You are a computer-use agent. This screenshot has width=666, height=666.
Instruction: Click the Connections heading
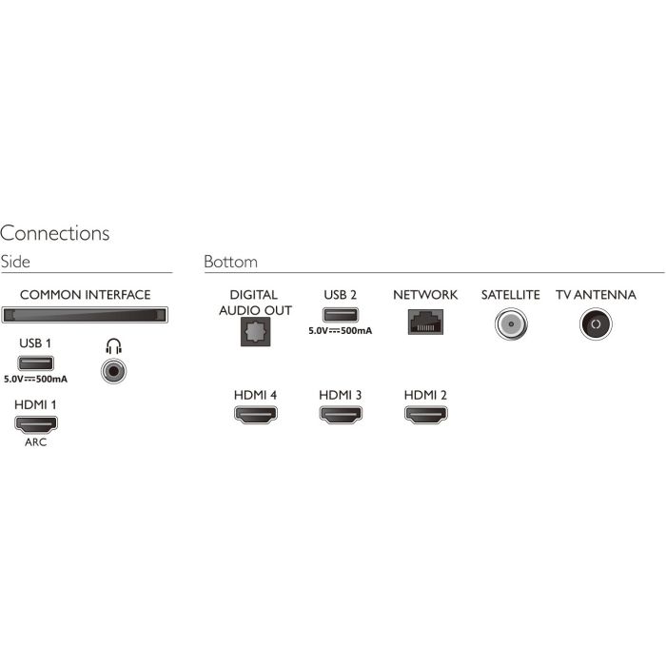[x=55, y=233]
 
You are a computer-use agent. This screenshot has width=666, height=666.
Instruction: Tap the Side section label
[x=15, y=262]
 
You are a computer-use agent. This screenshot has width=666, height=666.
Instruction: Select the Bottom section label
[x=230, y=262]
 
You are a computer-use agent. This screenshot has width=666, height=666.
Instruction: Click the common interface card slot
[x=85, y=315]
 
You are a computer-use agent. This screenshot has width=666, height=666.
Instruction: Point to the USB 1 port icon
[x=36, y=363]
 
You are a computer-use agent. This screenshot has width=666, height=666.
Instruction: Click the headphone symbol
[x=114, y=346]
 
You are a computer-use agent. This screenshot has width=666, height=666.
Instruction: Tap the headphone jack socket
[x=114, y=371]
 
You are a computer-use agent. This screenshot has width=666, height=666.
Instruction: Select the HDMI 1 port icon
[x=36, y=424]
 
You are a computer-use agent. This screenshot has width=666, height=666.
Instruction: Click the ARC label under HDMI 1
[x=36, y=442]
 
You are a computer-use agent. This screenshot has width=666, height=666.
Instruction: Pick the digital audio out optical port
[x=256, y=332]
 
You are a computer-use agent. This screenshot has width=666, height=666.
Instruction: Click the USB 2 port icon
[x=341, y=315]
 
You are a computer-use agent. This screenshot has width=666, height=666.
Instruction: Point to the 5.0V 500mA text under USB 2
[x=341, y=331]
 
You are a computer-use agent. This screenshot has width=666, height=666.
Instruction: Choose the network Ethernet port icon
[x=425, y=322]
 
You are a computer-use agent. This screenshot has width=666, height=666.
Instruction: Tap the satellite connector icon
[x=511, y=324]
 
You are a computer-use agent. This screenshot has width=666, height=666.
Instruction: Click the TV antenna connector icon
[x=596, y=324]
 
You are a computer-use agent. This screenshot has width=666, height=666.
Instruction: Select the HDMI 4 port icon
[x=256, y=415]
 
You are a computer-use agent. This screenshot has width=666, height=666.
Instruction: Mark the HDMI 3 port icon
[x=341, y=415]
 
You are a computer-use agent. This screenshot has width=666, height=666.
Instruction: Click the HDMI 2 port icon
[x=426, y=415]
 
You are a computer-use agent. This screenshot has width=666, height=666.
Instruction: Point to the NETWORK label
[x=425, y=295]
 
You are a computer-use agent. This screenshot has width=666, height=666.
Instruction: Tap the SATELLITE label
[x=511, y=295]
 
